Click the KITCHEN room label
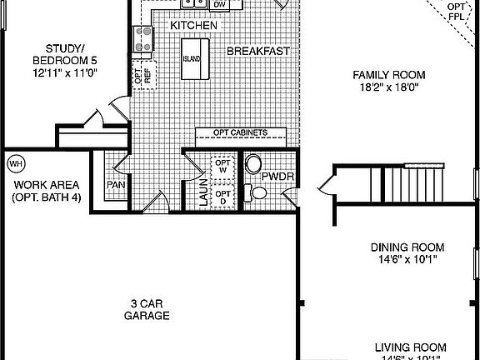coord(194,27)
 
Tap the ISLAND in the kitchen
coord(191,61)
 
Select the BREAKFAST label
coord(259,51)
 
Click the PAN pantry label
coord(115,185)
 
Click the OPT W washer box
coord(222,167)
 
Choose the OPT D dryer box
coord(222,198)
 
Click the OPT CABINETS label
coord(240,132)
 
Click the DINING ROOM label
coord(407,247)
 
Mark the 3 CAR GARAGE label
coord(147,309)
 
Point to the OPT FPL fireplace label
coord(456,11)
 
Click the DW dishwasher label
coord(220,5)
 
